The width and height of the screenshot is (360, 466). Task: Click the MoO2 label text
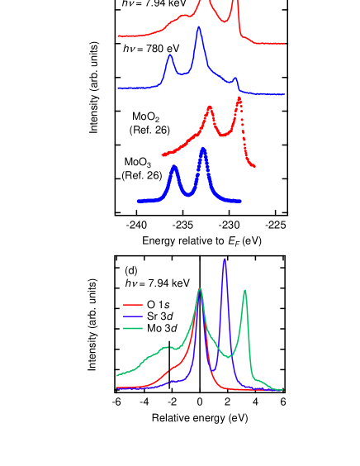(145, 117)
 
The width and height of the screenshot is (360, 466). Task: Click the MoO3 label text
(137, 163)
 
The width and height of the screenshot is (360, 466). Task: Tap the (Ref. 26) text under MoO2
(149, 131)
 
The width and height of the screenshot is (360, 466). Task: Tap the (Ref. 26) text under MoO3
(141, 175)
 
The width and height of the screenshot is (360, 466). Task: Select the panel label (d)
(130, 270)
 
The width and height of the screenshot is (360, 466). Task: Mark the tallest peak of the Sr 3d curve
(224, 259)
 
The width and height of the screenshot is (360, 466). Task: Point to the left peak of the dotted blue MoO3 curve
(174, 168)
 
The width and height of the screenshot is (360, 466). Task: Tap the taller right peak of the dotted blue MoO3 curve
(202, 150)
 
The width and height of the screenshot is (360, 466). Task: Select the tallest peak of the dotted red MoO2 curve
(239, 98)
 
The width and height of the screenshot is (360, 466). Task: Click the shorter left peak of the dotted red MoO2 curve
(210, 107)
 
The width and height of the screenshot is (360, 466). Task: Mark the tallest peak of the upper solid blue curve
(198, 28)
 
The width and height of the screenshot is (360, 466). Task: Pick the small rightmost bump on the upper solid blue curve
(235, 78)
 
